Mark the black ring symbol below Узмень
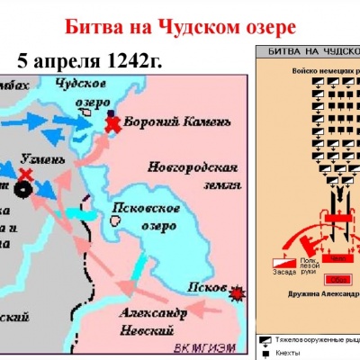point(21,190)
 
